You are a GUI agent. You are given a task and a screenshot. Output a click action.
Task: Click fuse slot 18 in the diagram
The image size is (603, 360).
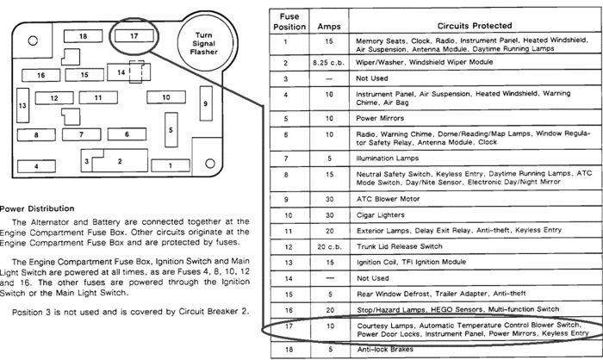[x=82, y=36]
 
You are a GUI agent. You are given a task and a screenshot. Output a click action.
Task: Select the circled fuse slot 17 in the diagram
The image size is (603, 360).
[x=134, y=36]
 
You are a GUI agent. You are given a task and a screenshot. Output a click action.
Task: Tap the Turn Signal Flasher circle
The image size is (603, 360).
[x=197, y=42]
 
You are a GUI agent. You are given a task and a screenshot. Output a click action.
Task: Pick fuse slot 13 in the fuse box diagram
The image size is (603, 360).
[x=22, y=105]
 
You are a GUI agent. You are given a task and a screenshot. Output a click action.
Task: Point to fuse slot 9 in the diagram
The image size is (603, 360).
[x=205, y=104]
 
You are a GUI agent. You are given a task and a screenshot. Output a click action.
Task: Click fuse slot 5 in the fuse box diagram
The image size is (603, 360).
[x=171, y=130]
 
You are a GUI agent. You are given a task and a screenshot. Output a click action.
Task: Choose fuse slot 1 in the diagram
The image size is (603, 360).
[x=171, y=164]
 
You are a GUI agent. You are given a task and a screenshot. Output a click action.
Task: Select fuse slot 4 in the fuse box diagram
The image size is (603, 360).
[x=37, y=165]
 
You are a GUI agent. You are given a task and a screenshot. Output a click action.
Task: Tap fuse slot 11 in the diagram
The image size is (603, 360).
[x=98, y=98]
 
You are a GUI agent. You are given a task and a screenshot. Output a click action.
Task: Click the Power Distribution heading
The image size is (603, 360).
[x=36, y=208]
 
